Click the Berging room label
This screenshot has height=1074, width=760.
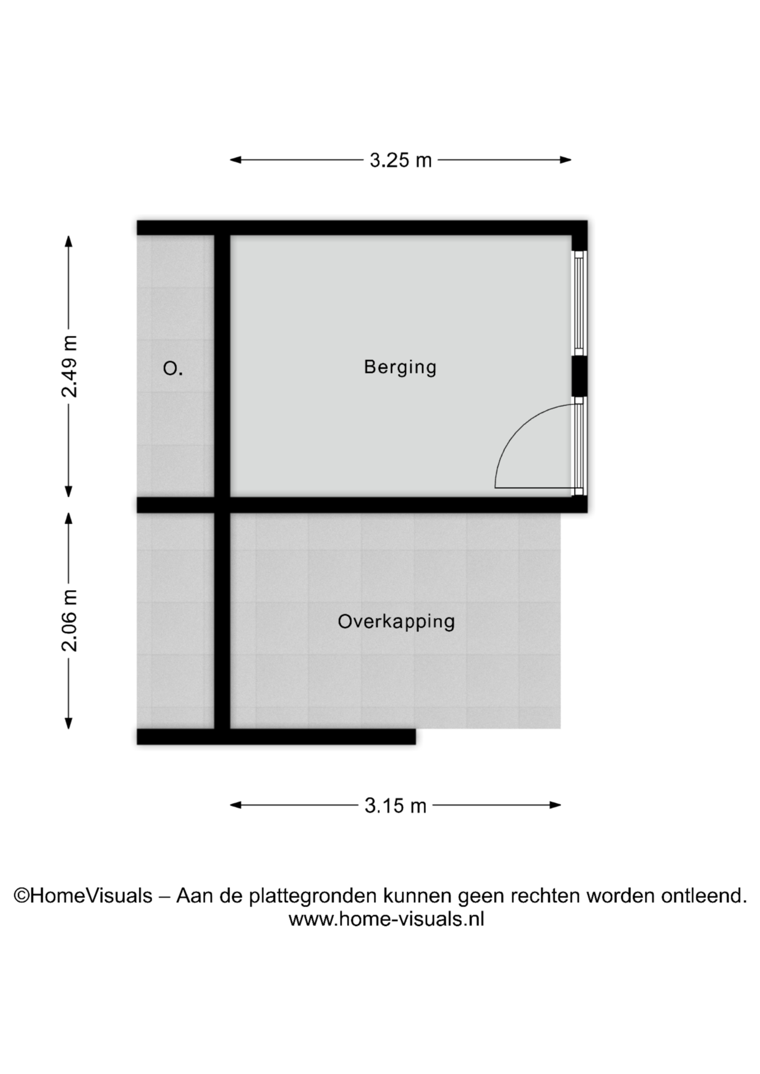pos(400,368)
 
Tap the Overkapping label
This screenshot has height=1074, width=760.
pos(396,622)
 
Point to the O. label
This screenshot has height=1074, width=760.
pos(173,369)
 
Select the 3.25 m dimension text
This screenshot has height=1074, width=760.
pos(401,161)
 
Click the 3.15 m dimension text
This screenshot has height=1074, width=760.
pos(396,805)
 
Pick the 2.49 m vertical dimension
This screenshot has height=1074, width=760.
pos(69,366)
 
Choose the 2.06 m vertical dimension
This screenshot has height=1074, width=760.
pos(69,620)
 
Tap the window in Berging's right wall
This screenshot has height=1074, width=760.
pos(579,303)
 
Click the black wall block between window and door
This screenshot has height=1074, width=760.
pos(579,376)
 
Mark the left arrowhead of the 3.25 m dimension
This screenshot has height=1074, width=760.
pos(236,160)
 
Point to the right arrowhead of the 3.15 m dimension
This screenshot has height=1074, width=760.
pos(555,805)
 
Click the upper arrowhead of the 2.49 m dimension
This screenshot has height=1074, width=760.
pos(69,241)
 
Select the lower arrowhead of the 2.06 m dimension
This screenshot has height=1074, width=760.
pos(69,723)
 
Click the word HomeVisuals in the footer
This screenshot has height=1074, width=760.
pos(91,896)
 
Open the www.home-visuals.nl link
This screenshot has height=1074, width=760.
pos(386,919)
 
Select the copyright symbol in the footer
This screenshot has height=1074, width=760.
pos(22,896)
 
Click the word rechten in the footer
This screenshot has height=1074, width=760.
pos(546,896)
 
